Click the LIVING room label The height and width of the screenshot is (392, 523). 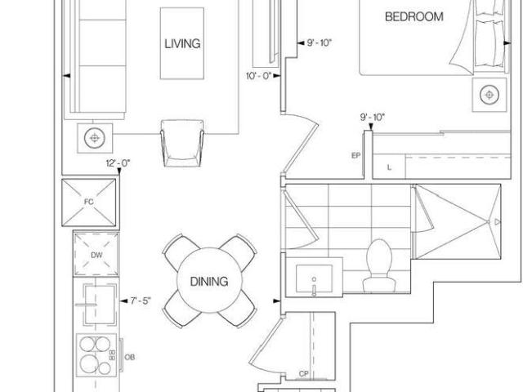click(x=182, y=43)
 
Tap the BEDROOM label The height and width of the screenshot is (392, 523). click(x=414, y=16)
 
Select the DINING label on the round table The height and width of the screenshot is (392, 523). click(x=209, y=282)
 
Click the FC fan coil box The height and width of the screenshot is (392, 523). click(x=89, y=203)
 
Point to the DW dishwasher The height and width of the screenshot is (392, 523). click(x=96, y=255)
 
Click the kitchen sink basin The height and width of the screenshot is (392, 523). click(x=100, y=305)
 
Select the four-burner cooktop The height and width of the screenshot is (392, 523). click(x=96, y=355)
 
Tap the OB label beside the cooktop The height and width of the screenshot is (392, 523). click(x=129, y=357)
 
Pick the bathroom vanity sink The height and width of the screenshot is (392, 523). click(x=314, y=278)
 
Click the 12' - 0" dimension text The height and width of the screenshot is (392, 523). click(x=118, y=163)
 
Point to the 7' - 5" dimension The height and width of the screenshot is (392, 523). click(x=141, y=301)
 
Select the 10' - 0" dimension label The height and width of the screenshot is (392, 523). click(x=258, y=76)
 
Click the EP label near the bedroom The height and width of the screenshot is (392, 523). click(x=356, y=156)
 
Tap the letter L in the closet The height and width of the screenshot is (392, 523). click(x=389, y=167)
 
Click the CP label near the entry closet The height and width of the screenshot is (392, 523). click(x=303, y=374)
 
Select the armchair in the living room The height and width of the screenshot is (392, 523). click(x=182, y=143)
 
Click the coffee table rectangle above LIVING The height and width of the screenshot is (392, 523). click(x=182, y=43)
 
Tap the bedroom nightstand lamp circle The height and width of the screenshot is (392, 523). click(x=489, y=95)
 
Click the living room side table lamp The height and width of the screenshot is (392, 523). click(x=95, y=138)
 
